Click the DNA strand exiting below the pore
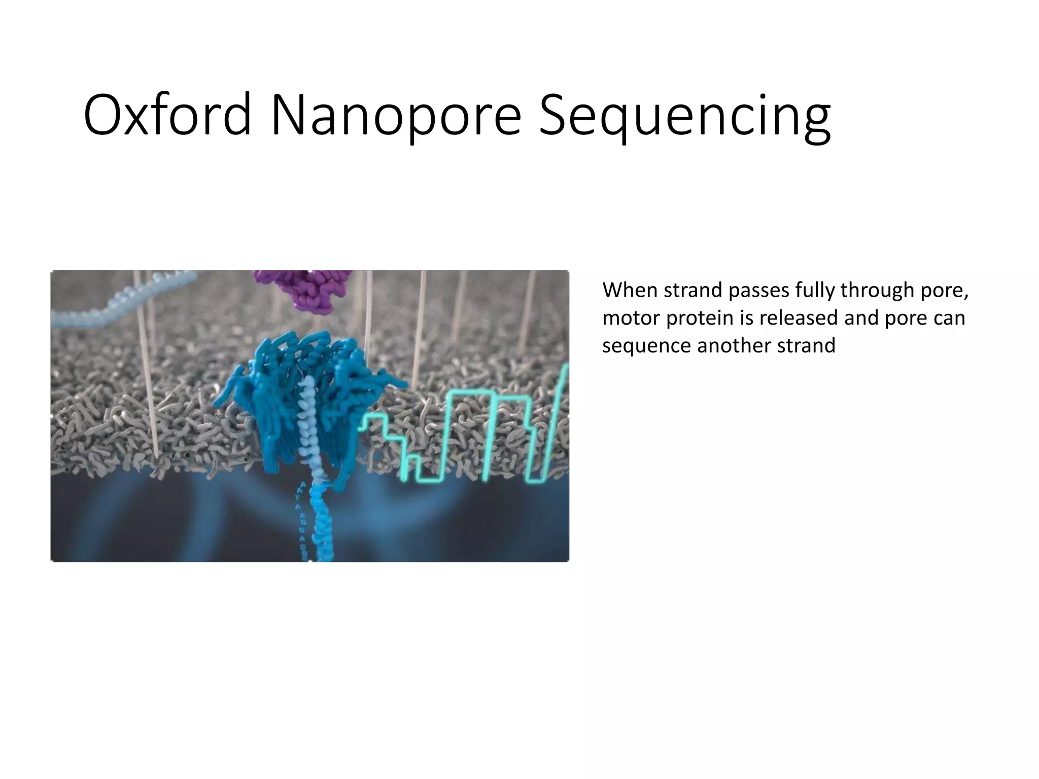click(x=321, y=527)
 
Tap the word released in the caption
click(x=799, y=318)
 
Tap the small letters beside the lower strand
click(x=303, y=517)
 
